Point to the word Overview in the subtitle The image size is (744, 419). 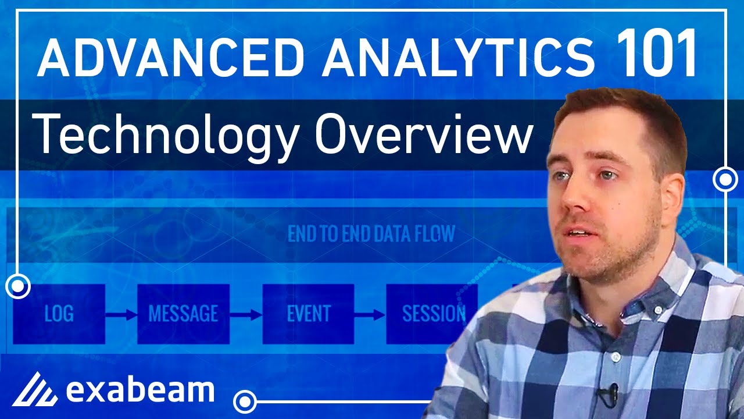[x=424, y=134]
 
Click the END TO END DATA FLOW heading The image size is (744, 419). [x=371, y=235]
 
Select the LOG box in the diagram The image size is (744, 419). [x=59, y=314]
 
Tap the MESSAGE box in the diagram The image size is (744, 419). [x=183, y=314]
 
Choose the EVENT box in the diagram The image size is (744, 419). [x=308, y=314]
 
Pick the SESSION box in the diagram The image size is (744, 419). [x=432, y=314]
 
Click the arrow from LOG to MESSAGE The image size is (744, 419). [x=121, y=315]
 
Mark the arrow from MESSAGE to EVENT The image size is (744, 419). [x=246, y=315]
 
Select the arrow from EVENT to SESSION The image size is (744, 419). [x=370, y=315]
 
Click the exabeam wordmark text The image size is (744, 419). [x=139, y=390]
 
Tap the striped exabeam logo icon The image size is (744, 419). [x=35, y=389]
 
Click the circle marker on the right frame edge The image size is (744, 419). [x=725, y=179]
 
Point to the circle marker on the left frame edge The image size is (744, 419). [x=18, y=286]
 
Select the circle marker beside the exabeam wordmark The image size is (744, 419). [x=245, y=402]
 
